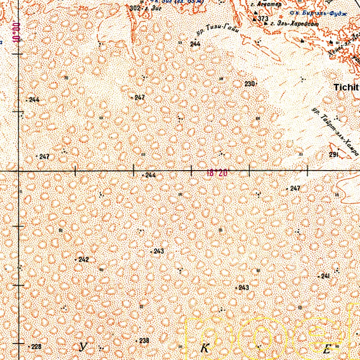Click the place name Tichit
click(346, 87)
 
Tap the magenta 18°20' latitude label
click(217, 173)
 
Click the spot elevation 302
click(135, 8)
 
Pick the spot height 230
click(249, 84)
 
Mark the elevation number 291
click(334, 154)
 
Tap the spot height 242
click(83, 259)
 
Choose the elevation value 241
click(325, 277)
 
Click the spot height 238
click(144, 341)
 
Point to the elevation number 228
click(36, 347)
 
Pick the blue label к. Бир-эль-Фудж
click(318, 13)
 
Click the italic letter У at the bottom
click(83, 347)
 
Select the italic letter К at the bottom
click(204, 348)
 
